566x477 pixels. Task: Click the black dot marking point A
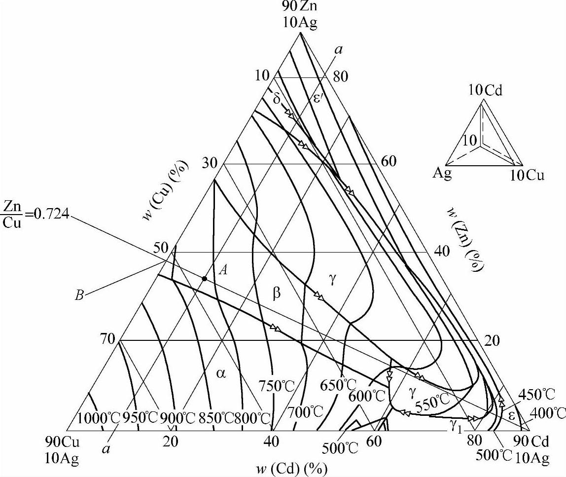(x=204, y=279)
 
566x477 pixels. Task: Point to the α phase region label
(x=221, y=373)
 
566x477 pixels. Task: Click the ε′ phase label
(x=318, y=97)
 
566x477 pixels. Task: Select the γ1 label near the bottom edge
(x=455, y=423)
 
